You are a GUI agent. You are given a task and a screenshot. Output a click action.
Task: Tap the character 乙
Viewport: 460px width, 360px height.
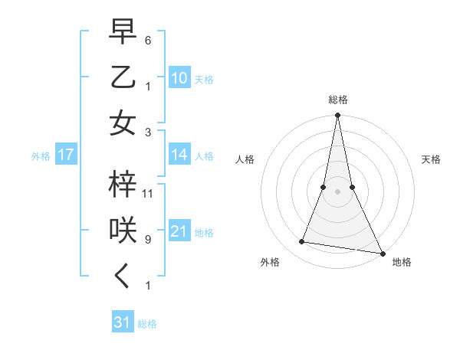[123, 78]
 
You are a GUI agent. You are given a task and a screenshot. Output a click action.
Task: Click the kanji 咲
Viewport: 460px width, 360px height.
[123, 231]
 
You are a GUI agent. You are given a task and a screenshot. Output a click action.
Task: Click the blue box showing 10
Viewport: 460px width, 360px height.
[179, 78]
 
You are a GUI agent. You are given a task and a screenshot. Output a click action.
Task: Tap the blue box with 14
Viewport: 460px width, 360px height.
[179, 155]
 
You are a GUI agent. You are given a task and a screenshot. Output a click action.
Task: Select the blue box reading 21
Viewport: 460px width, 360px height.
[179, 231]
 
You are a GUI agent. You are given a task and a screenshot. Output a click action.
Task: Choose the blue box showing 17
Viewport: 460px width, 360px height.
[66, 155]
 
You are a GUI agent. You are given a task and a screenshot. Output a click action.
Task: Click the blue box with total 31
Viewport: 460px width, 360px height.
[123, 322]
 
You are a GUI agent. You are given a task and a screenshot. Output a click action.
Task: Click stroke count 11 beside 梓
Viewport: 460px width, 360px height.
[149, 193]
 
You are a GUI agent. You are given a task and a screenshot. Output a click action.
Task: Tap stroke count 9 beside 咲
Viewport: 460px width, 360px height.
[148, 239]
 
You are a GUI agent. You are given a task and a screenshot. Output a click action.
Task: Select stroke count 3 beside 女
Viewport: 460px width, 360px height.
[148, 133]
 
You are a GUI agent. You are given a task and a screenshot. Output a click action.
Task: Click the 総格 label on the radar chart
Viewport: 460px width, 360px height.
[337, 100]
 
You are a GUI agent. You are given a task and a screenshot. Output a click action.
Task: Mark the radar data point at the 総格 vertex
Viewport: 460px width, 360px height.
[337, 116]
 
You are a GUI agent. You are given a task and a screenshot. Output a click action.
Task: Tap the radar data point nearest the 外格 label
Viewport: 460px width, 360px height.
[302, 242]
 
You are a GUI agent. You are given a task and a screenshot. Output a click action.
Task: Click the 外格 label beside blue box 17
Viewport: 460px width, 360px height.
[41, 156]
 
